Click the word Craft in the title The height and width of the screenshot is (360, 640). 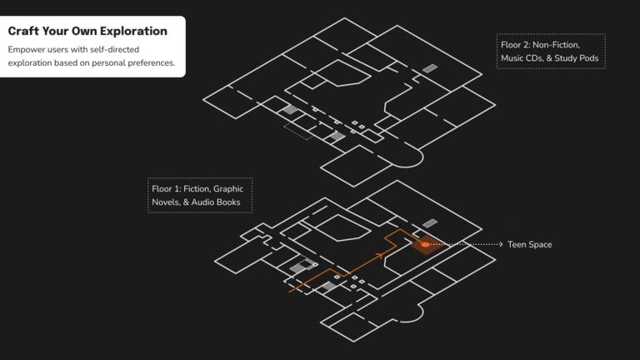(x=23, y=31)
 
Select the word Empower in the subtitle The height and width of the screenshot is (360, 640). (x=24, y=50)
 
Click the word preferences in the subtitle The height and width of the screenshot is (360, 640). (x=150, y=62)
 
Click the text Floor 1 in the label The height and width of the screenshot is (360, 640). (x=164, y=189)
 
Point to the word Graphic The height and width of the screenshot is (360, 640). (x=228, y=189)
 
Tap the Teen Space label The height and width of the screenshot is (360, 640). (x=529, y=244)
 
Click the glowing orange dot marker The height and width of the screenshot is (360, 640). (x=425, y=244)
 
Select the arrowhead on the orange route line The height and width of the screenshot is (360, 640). (x=380, y=256)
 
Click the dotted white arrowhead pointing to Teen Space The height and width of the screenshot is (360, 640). (x=501, y=244)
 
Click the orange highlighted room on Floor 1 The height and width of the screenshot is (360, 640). (x=426, y=244)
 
